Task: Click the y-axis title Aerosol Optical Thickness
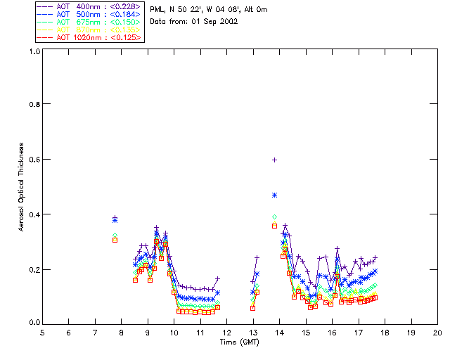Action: click(x=22, y=187)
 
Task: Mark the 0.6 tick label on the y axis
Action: click(x=33, y=159)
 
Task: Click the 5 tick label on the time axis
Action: click(x=42, y=333)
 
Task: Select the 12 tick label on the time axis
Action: click(x=226, y=333)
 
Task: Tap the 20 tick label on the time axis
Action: click(x=437, y=333)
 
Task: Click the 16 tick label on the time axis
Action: click(x=332, y=333)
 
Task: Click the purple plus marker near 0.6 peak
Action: click(x=274, y=160)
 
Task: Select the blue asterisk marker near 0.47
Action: click(x=274, y=195)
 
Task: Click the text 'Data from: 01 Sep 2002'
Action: click(x=193, y=22)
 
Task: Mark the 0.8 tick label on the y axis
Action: click(x=33, y=104)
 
